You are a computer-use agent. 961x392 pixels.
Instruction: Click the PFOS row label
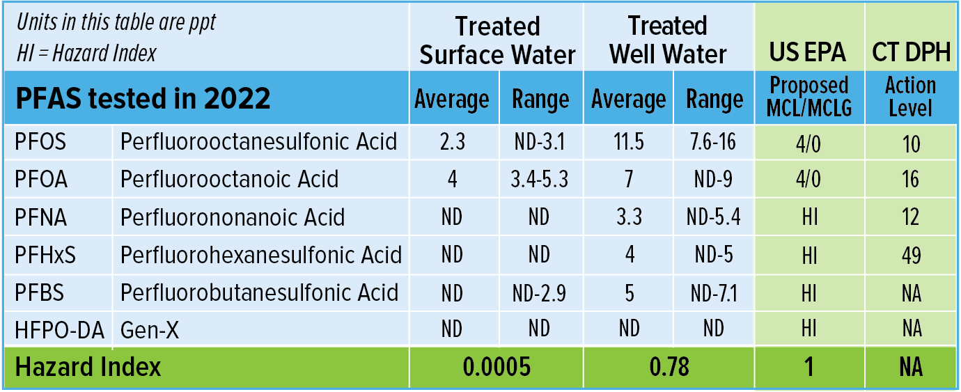[x=40, y=142]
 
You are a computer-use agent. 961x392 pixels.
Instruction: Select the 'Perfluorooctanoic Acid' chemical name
[x=229, y=179]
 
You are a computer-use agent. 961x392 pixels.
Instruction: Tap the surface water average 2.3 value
[x=452, y=142]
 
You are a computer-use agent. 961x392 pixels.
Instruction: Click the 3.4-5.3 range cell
[x=540, y=179]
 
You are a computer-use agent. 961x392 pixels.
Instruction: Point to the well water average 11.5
[x=629, y=142]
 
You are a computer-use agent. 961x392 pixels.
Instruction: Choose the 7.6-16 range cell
[x=714, y=142]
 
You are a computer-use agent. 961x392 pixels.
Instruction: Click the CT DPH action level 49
[x=910, y=255]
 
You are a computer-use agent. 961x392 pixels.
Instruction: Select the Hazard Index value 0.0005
[x=497, y=367]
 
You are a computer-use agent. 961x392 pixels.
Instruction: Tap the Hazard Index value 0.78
[x=669, y=367]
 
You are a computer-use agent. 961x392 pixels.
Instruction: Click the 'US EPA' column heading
[x=808, y=52]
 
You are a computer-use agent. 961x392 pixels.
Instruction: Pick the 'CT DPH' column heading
[x=911, y=52]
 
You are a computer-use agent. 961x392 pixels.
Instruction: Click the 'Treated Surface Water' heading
[x=497, y=40]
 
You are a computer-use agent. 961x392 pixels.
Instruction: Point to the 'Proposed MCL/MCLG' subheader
[x=808, y=97]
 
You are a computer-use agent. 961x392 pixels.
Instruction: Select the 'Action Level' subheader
[x=910, y=97]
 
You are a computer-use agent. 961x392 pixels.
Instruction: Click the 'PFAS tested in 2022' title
[x=143, y=99]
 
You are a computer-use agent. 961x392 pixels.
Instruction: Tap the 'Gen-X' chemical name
[x=149, y=329]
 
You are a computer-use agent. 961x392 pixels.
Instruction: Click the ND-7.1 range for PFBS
[x=714, y=292]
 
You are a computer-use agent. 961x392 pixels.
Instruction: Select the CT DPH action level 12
[x=910, y=217]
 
